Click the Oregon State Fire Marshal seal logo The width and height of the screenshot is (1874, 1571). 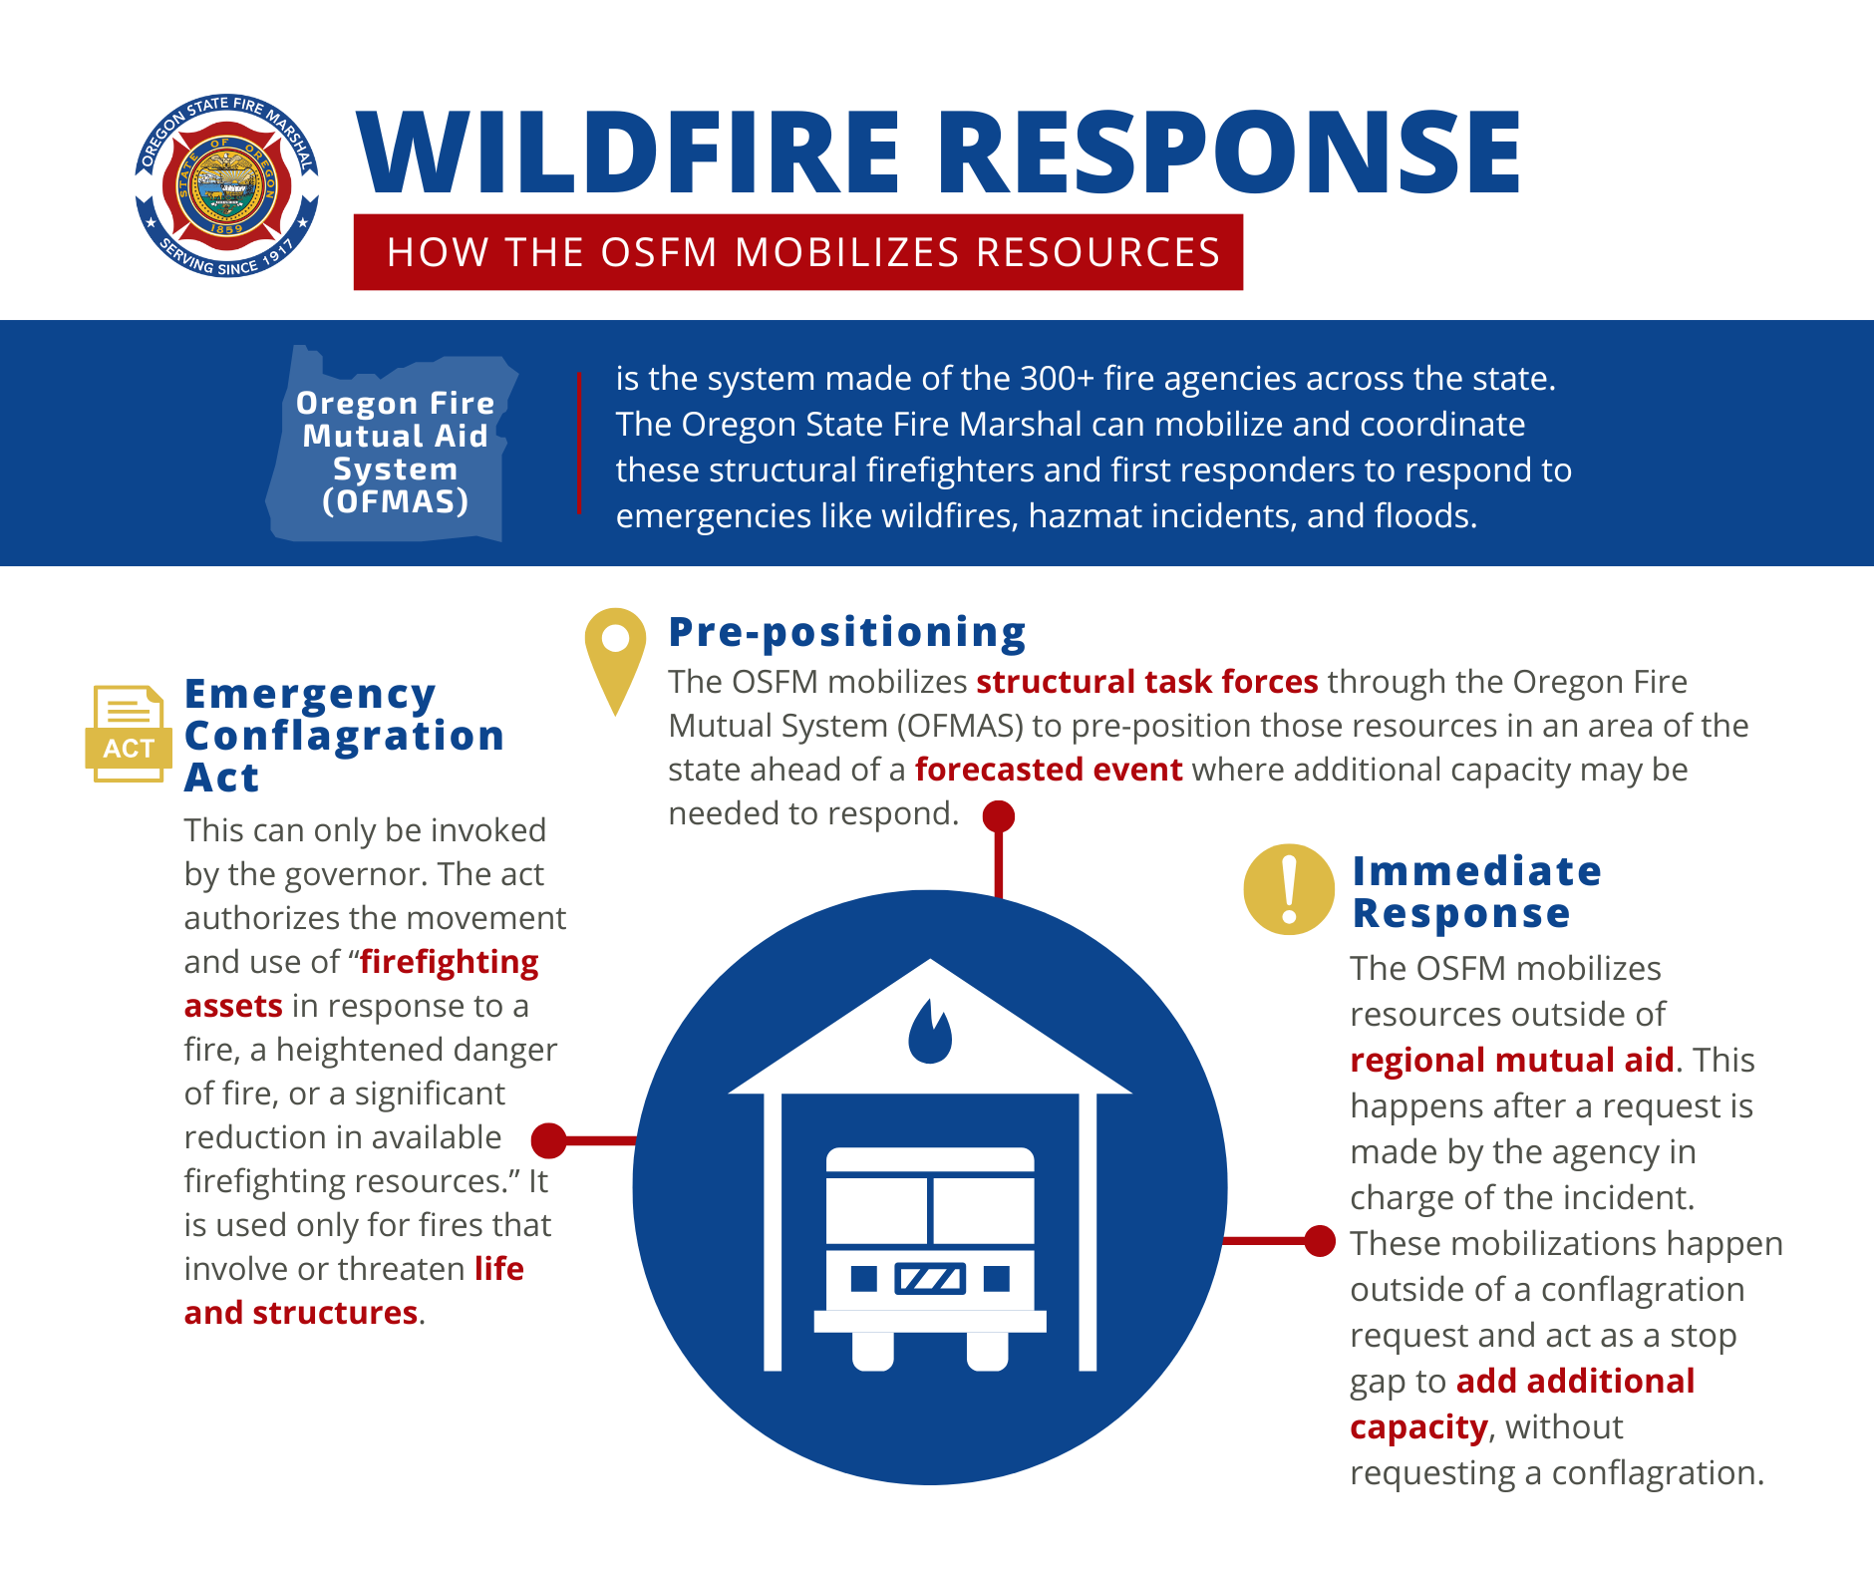[x=227, y=186]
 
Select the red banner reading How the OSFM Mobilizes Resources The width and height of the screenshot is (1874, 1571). [x=797, y=252]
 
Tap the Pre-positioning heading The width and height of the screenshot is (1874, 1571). [x=847, y=632]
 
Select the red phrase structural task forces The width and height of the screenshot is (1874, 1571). [x=1146, y=682]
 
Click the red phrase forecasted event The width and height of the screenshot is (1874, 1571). [x=1049, y=770]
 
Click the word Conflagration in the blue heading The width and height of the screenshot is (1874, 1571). [x=345, y=736]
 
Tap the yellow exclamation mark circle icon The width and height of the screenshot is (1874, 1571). [x=1289, y=889]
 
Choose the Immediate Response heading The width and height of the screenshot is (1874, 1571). [x=1475, y=892]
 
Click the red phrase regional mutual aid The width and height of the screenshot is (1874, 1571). [x=1511, y=1060]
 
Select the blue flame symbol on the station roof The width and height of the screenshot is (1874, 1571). [x=930, y=1034]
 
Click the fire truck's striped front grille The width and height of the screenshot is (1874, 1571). [x=930, y=1278]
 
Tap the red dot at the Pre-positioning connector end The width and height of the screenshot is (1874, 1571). [x=998, y=816]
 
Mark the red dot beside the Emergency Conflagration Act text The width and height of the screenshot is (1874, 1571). [x=549, y=1140]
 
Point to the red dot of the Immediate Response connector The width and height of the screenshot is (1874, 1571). [x=1319, y=1241]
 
